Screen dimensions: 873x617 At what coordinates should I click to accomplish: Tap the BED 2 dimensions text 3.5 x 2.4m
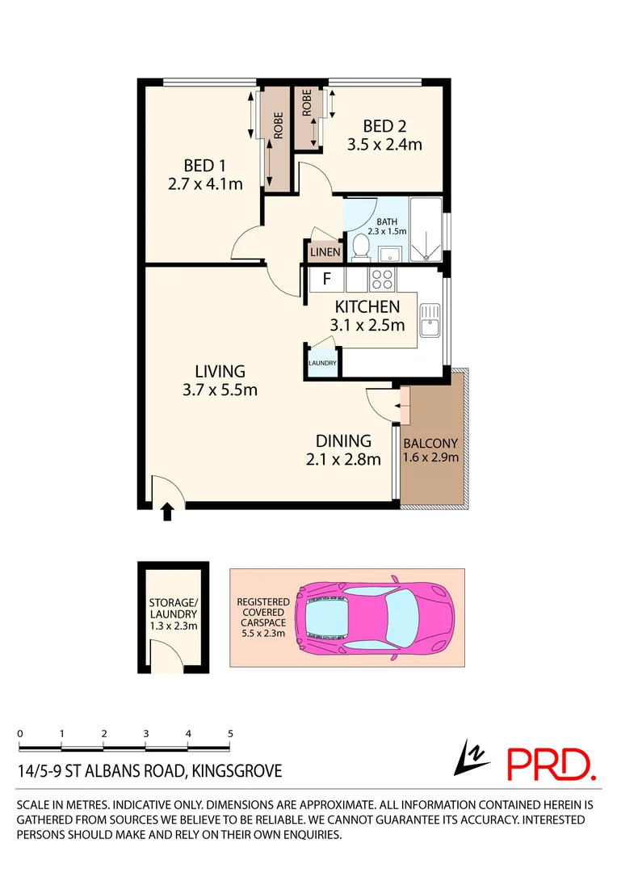[384, 145]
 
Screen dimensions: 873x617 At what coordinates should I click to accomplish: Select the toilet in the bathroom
[360, 248]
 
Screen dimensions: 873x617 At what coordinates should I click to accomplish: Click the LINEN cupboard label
[325, 253]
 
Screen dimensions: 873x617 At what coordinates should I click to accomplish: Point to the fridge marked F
[327, 280]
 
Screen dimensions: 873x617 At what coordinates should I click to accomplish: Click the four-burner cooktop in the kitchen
[382, 280]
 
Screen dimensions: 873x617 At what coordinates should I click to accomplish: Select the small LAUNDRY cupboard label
[321, 364]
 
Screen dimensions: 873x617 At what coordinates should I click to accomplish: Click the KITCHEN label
[367, 306]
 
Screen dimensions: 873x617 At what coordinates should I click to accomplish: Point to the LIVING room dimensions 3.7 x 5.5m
[220, 390]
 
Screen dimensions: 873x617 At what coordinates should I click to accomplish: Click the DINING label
[343, 441]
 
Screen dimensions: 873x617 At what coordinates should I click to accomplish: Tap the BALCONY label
[430, 444]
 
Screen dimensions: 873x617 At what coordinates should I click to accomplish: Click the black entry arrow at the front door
[167, 512]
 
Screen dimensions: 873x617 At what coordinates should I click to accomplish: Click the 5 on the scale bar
[230, 733]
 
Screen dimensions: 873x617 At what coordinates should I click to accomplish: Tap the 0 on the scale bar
[19, 733]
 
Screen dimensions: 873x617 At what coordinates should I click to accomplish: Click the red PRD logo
[551, 763]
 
